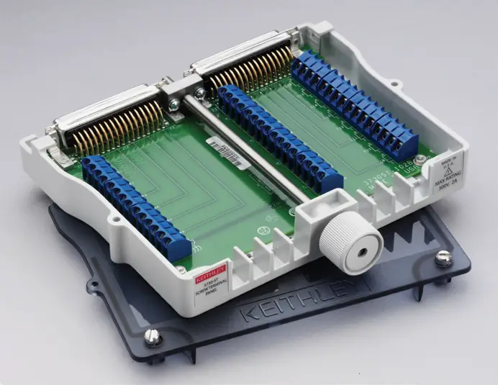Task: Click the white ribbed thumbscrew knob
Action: pyautogui.click(x=350, y=243)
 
